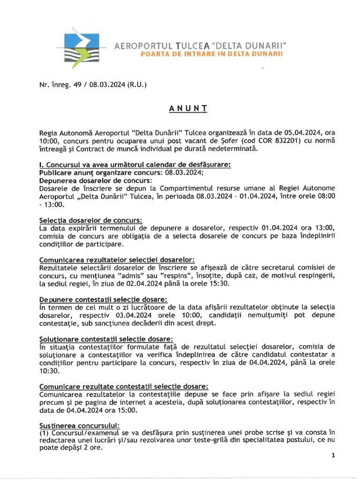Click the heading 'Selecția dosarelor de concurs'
pos(91,220)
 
